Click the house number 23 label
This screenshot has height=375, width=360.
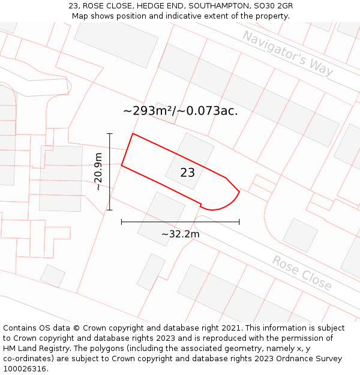pyautogui.click(x=187, y=173)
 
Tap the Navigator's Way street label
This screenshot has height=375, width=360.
pyautogui.click(x=287, y=53)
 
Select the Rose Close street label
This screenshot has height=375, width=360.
pyautogui.click(x=301, y=272)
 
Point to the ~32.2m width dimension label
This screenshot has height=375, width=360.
pyautogui.click(x=181, y=234)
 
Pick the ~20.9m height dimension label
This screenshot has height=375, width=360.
pyautogui.click(x=99, y=172)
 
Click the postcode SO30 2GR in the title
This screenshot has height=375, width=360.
pyautogui.click(x=273, y=6)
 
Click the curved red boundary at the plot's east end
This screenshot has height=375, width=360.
pyautogui.click(x=232, y=201)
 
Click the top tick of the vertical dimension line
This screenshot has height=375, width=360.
pyautogui.click(x=110, y=133)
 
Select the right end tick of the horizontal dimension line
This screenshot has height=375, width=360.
pyautogui.click(x=239, y=222)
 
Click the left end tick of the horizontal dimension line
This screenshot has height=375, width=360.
pyautogui.click(x=122, y=222)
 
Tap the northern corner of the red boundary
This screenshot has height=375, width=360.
pyautogui.click(x=133, y=134)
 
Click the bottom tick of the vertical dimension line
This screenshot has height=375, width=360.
pyautogui.click(x=110, y=210)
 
